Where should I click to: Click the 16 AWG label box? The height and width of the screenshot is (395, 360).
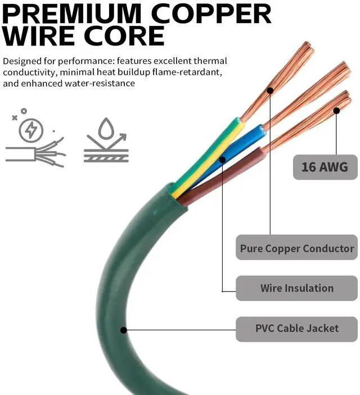[325, 167]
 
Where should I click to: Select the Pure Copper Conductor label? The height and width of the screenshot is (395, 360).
[296, 248]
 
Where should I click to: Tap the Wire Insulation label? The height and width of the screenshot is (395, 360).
[296, 288]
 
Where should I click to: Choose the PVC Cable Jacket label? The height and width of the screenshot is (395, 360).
[296, 328]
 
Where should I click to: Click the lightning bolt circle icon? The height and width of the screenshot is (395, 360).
[30, 131]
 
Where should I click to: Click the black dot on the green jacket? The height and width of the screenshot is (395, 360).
[124, 330]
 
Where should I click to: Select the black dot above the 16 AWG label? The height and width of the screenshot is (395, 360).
[336, 111]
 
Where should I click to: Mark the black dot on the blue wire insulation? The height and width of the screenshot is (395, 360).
[223, 160]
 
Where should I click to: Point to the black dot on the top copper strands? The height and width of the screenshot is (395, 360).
[270, 90]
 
